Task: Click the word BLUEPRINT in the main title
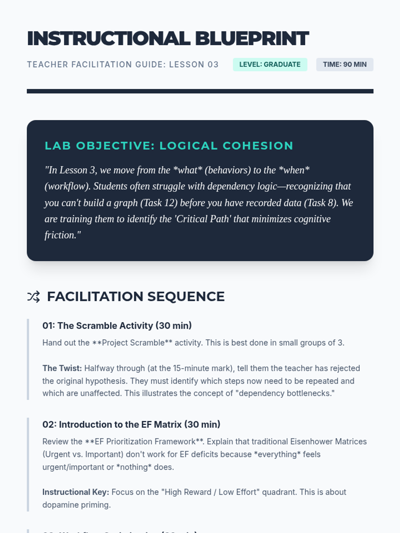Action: pos(252,39)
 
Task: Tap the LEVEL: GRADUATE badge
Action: pos(270,65)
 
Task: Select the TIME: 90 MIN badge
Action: pos(345,65)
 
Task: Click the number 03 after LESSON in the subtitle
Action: pos(213,65)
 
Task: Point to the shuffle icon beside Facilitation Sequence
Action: pos(33,296)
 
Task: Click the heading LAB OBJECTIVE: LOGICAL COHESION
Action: pos(169,146)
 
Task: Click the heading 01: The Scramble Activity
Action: pos(117,326)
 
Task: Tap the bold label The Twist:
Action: pos(62,368)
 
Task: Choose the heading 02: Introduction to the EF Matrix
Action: pos(131,425)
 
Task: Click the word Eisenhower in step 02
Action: pos(311,442)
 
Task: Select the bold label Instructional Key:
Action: pos(76,492)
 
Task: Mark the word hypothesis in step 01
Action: pos(106,381)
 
